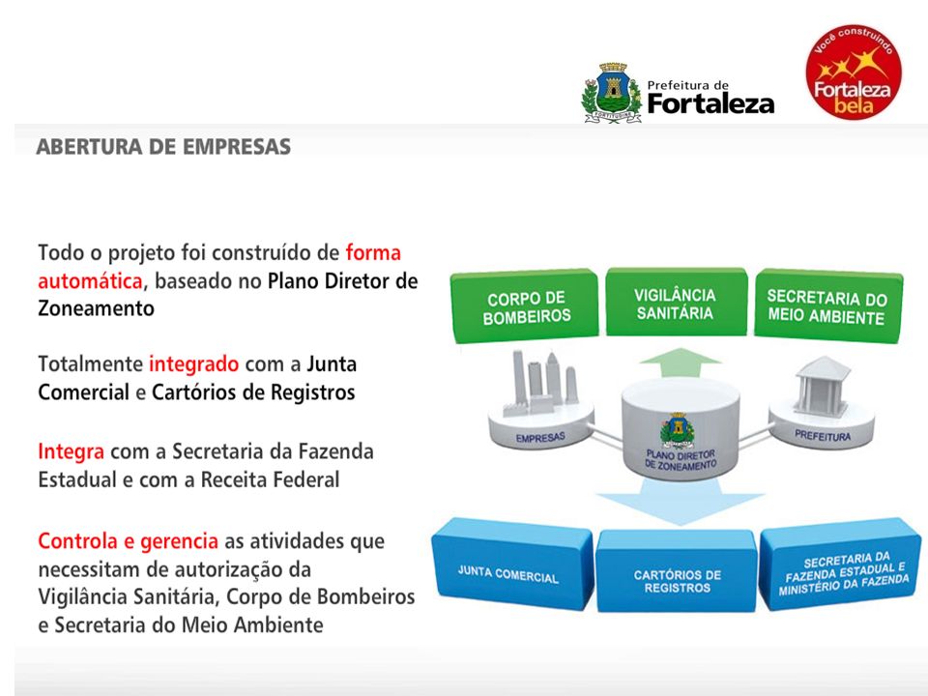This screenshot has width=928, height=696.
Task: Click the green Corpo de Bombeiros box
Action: pyautogui.click(x=525, y=306)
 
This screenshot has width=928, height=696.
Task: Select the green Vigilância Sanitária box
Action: pyautogui.click(x=676, y=303)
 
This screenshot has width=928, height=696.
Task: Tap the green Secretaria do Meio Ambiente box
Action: pyautogui.click(x=827, y=306)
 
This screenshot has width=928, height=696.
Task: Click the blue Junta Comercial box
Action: pyautogui.click(x=512, y=564)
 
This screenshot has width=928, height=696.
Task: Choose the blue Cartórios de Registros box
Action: pyautogui.click(x=676, y=571)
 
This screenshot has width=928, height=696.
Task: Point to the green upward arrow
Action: pyautogui.click(x=681, y=362)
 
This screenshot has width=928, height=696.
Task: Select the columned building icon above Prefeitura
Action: pyautogui.click(x=822, y=385)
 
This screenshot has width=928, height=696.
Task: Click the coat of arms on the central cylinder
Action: pyautogui.click(x=678, y=430)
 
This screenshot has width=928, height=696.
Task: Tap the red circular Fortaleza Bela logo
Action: pyautogui.click(x=853, y=72)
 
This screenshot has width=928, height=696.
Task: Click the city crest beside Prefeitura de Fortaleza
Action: pyautogui.click(x=612, y=93)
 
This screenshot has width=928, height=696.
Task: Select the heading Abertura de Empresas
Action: pyautogui.click(x=163, y=147)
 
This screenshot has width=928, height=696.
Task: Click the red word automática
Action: pyautogui.click(x=90, y=280)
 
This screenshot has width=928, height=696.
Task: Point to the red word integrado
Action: pyautogui.click(x=193, y=364)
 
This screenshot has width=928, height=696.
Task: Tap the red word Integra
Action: pyautogui.click(x=71, y=451)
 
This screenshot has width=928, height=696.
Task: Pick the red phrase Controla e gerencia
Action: pyautogui.click(x=128, y=541)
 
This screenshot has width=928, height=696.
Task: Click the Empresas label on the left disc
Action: pyautogui.click(x=540, y=438)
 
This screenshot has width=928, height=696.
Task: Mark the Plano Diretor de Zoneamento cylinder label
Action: pyautogui.click(x=681, y=460)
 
